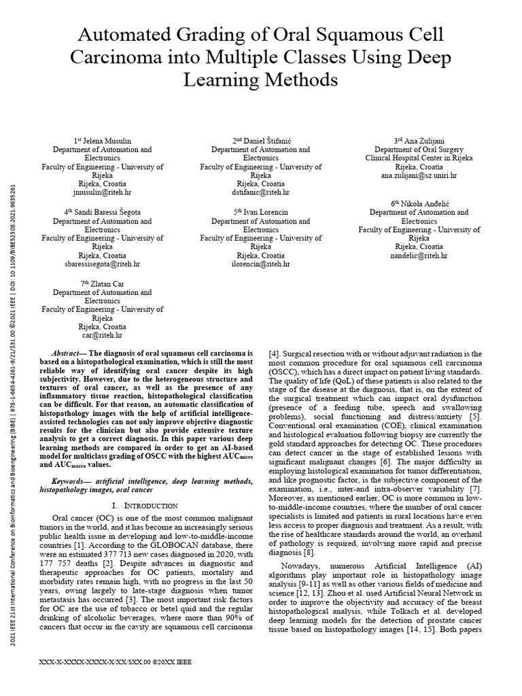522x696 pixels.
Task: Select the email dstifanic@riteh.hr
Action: pyautogui.click(x=261, y=192)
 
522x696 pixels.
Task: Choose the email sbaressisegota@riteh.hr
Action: pyautogui.click(x=103, y=264)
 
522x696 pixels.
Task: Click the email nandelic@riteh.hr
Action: pyautogui.click(x=419, y=256)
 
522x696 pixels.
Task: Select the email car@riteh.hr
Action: pyautogui.click(x=103, y=335)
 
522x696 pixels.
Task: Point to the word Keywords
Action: pyautogui.click(x=69, y=481)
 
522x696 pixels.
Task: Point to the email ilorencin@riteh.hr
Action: pyautogui.click(x=260, y=264)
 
